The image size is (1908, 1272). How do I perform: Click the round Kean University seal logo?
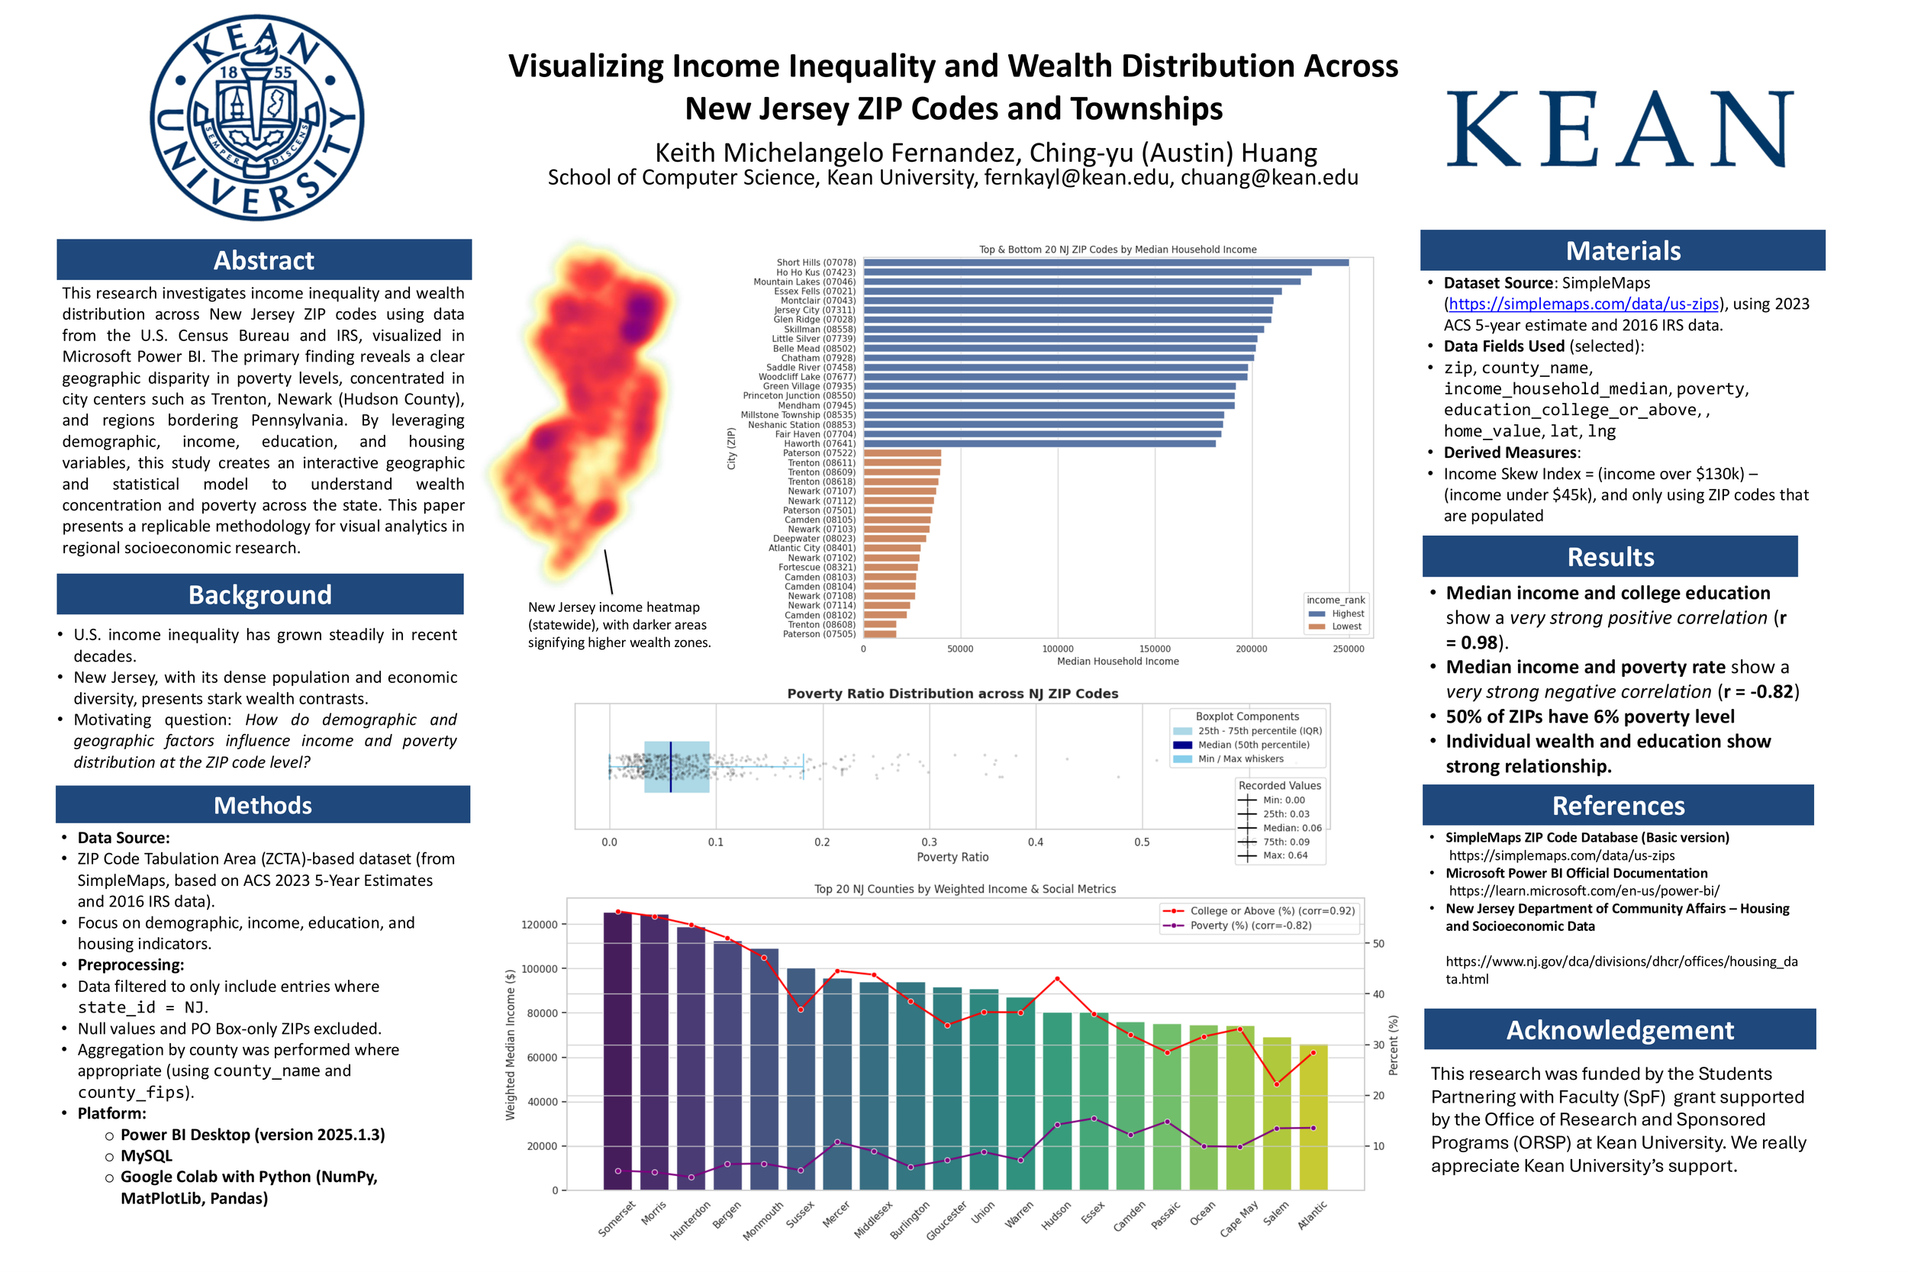point(256,118)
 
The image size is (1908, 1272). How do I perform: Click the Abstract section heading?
point(263,260)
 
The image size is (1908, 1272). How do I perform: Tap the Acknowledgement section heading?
point(1620,1029)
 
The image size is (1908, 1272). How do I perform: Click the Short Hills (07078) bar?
point(1105,262)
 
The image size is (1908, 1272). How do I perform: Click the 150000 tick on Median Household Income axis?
point(1155,649)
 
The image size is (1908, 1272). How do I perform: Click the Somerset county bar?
point(617,1051)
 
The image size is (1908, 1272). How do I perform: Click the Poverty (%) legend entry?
point(1249,926)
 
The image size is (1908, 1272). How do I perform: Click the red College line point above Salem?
point(1276,1084)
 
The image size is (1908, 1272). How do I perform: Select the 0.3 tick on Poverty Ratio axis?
point(929,842)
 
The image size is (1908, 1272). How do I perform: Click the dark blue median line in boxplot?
point(671,767)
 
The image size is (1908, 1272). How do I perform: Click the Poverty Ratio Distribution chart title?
point(952,694)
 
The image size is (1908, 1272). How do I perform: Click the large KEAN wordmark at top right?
point(1620,130)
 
